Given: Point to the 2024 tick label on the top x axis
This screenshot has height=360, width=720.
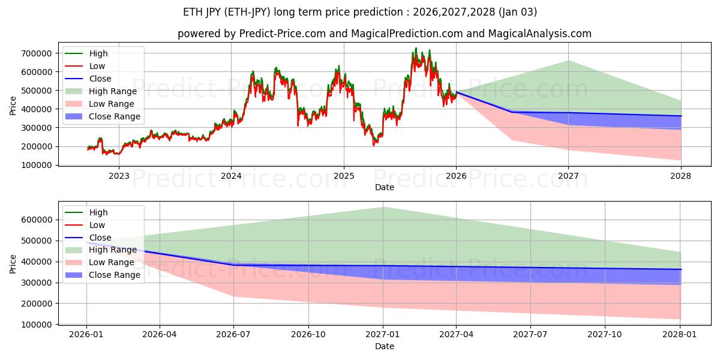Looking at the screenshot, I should click(231, 176).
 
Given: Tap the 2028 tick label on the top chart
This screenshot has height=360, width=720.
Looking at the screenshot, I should click(680, 176).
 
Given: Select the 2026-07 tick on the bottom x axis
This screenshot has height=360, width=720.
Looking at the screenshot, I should click(233, 335).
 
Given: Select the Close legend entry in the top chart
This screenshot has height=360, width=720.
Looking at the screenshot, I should click(100, 79).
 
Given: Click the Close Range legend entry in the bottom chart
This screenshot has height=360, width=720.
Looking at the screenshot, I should click(114, 275).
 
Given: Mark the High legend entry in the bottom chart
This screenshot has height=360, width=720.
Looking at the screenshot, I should click(98, 212).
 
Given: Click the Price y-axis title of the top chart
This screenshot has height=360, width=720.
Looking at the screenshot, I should click(13, 106).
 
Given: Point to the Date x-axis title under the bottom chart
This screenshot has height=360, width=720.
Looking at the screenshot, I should click(385, 346).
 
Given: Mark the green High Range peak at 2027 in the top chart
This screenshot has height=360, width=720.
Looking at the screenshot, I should click(568, 61).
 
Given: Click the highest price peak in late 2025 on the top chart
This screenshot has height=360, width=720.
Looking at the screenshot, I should click(416, 49).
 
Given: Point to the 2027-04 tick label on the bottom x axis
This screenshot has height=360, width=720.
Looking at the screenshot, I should click(456, 335).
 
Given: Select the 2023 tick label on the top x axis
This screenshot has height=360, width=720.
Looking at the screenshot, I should click(119, 176).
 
